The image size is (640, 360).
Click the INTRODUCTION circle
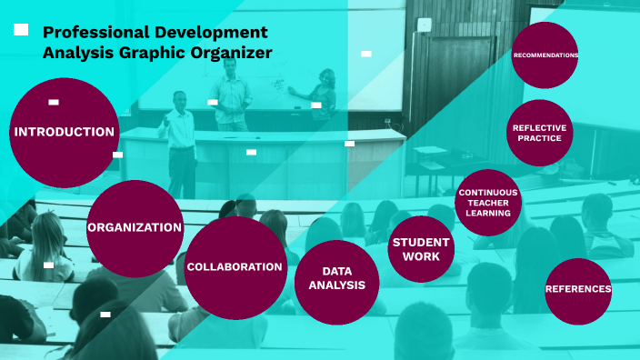coord(64,133)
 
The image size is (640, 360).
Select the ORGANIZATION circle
coord(135,228)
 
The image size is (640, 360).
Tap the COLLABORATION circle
coord(235,267)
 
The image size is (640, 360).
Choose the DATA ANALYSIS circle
coord(336,282)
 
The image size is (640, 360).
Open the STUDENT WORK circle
coord(420,249)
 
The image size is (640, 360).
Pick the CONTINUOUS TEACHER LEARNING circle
coord(488,203)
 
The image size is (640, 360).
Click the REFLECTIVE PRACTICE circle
coord(540,133)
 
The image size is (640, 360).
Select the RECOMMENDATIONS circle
coord(545,55)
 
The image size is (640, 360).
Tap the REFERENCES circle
coord(578,290)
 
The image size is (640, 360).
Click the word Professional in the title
coord(95,33)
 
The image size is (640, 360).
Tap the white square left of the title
coord(21,31)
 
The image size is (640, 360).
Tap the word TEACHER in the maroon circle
coord(488,203)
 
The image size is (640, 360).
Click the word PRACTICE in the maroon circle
coord(540,139)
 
